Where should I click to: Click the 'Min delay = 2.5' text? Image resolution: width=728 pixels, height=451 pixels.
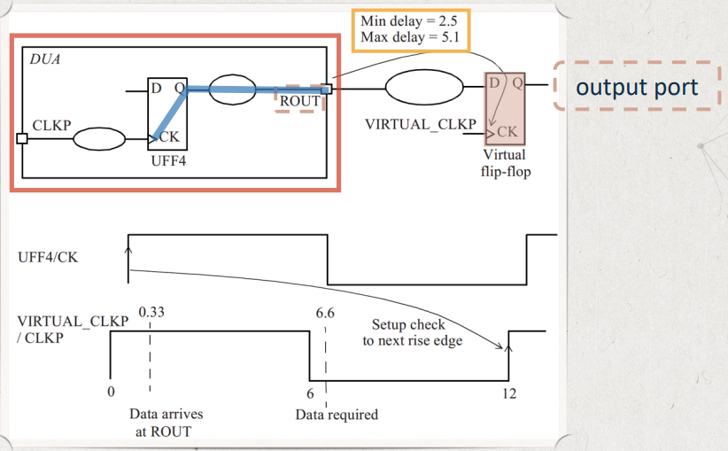coord(409,21)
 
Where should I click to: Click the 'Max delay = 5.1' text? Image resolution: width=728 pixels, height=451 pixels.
coord(410,36)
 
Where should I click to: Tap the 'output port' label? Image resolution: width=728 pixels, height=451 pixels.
coord(637,88)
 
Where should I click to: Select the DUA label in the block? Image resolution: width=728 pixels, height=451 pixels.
coord(45,59)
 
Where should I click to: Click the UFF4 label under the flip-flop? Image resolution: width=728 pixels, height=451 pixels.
coord(168,160)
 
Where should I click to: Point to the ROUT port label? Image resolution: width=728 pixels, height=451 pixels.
coord(299,101)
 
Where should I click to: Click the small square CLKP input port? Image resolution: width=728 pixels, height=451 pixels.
coord(22,138)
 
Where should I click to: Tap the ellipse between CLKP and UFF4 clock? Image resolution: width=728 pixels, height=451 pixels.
coord(99,139)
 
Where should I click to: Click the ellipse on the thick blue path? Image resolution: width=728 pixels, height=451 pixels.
coord(233,89)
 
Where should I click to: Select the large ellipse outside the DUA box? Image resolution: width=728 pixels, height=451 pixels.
coord(424,87)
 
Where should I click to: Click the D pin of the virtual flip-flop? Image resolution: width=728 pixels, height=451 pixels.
coord(494,82)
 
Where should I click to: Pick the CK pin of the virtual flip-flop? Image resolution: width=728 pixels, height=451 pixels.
coord(507,132)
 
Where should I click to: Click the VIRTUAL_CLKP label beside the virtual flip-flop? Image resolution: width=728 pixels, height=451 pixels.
coord(420,124)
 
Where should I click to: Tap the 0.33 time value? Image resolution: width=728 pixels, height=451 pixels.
coord(151,312)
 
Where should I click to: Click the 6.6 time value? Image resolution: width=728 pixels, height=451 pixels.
coord(325,313)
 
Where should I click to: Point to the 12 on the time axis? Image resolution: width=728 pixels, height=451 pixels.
coord(509,394)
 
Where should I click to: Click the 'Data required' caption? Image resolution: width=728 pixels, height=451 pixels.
coord(337,415)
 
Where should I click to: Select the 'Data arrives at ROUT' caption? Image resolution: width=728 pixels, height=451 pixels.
coord(166,423)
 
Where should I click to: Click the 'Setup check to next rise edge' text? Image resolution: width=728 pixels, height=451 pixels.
coord(413,332)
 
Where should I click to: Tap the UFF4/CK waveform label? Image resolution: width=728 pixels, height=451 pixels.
coord(48,257)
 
